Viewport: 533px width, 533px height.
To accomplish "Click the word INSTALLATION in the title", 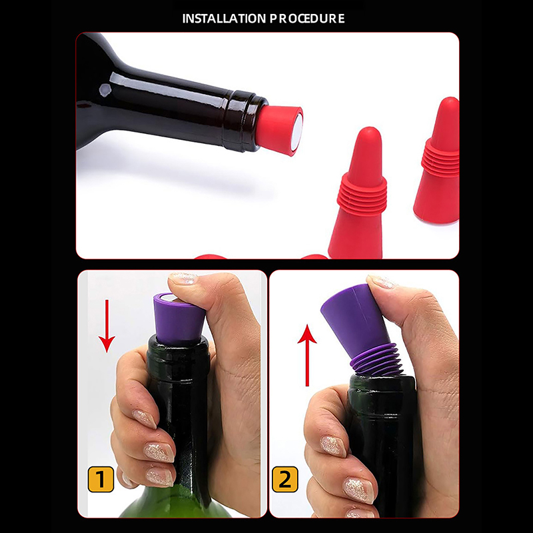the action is tap(224, 19).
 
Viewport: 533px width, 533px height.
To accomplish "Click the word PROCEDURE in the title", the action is tap(307, 19).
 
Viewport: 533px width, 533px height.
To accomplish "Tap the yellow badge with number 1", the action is tap(101, 479).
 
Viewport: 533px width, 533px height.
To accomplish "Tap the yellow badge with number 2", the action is tap(285, 479).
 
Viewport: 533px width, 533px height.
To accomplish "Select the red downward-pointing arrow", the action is tap(107, 326).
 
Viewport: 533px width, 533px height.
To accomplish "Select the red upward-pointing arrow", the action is tap(307, 355).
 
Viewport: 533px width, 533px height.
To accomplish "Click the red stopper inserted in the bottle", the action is tap(279, 130).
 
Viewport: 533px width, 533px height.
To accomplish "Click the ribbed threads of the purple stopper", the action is tap(377, 360).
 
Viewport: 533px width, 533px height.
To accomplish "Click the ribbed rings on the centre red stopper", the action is tap(364, 194).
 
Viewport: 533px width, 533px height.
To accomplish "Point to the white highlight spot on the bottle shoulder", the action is tap(105, 89).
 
